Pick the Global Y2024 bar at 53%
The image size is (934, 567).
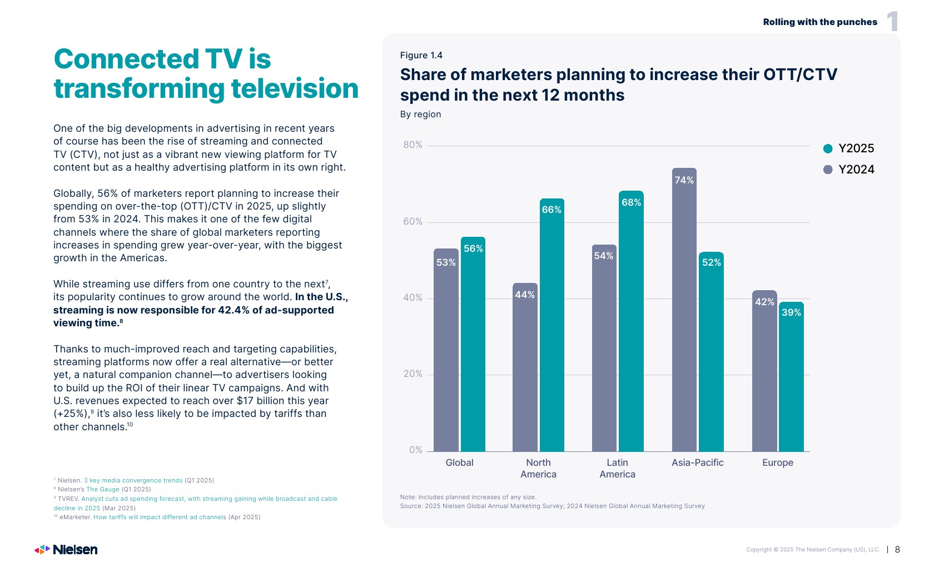tap(446, 350)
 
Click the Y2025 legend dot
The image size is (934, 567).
tap(828, 148)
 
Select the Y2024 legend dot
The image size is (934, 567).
tap(828, 170)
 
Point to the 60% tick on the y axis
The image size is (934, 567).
tap(413, 222)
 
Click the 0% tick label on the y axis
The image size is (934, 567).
tap(415, 450)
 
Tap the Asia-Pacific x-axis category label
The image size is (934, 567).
tap(697, 462)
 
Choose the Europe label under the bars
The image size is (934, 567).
tap(777, 462)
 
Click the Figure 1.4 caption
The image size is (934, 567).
tap(421, 55)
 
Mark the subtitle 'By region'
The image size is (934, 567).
tap(420, 115)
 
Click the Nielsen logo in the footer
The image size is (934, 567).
tap(66, 550)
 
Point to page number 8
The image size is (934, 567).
tap(897, 550)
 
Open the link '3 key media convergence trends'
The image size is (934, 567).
tap(133, 480)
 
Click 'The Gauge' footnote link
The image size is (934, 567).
tap(103, 490)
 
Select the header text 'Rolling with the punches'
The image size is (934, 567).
tap(820, 22)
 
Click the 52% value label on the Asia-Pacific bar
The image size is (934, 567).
tap(711, 262)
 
